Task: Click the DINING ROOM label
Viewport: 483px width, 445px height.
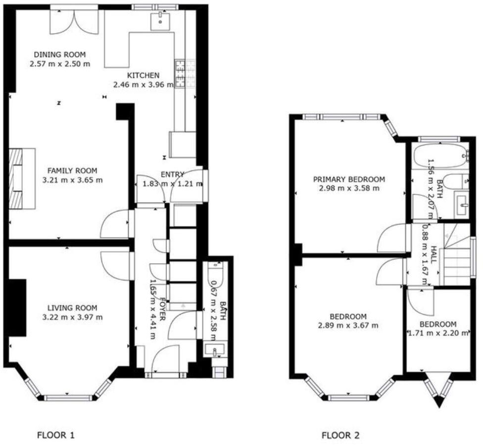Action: (x=59, y=55)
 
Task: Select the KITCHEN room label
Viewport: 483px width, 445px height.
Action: (x=143, y=75)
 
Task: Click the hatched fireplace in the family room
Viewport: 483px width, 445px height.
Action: (x=18, y=178)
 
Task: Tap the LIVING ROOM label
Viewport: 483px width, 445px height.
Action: (x=72, y=307)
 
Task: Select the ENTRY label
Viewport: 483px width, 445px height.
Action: (x=172, y=174)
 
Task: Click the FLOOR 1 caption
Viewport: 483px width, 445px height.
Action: (x=56, y=436)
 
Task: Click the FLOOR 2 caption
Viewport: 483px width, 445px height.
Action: (x=340, y=436)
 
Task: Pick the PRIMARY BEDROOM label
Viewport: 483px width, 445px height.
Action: (x=349, y=179)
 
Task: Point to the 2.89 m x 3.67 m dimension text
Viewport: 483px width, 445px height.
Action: (x=348, y=326)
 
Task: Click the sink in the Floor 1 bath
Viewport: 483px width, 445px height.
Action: (x=215, y=351)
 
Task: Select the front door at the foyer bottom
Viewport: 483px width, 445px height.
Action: (x=166, y=362)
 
